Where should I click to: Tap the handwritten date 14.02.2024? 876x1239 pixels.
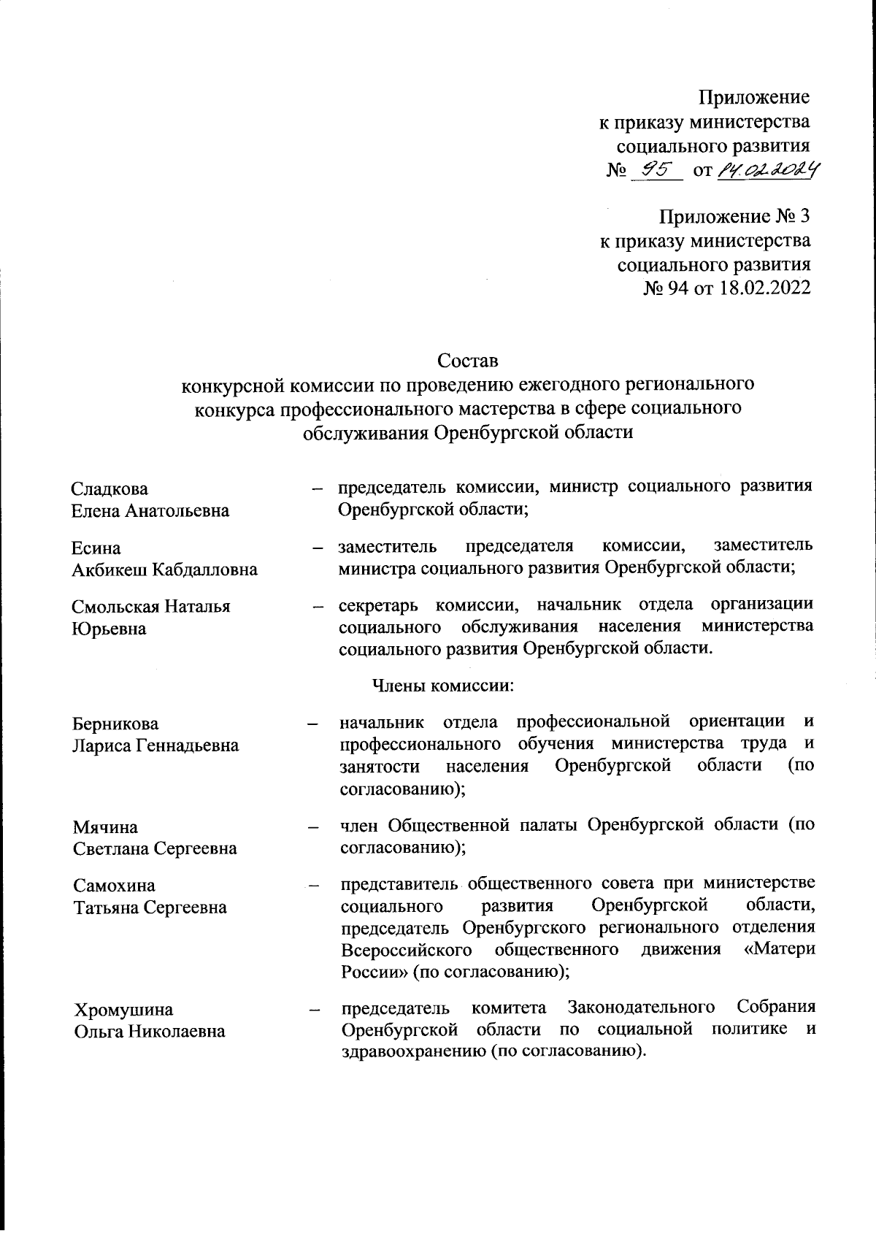pos(766,170)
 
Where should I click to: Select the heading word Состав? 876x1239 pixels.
pos(467,361)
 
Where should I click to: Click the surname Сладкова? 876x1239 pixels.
pos(109,488)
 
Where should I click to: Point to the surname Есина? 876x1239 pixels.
pos(96,548)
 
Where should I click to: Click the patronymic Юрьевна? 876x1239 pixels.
pos(109,629)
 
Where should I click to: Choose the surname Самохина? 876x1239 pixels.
pos(115,886)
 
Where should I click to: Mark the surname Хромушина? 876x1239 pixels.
pos(124,1010)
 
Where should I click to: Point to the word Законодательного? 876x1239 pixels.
pos(641,1008)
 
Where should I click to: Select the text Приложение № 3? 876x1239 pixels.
pos(734,217)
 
